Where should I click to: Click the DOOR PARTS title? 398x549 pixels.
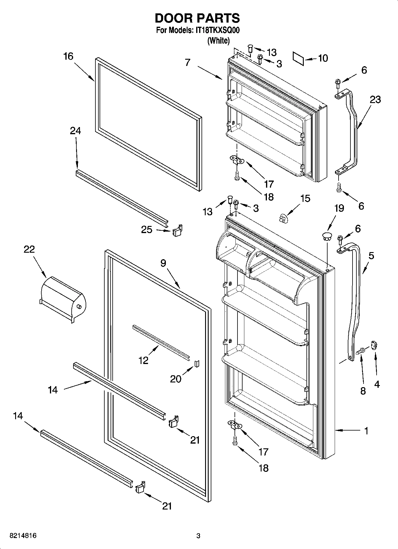pos(197,18)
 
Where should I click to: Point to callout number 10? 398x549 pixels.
pos(323,58)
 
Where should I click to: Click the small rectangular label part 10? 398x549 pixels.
pos(298,59)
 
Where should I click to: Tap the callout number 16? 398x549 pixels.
pos(68,56)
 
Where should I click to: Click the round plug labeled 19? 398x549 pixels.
pos(327,237)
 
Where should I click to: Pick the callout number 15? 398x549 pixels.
pos(305,198)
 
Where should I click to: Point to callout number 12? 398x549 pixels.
pos(143,360)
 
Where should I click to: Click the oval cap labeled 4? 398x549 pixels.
pos(374,346)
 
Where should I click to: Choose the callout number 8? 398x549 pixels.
pos(363,391)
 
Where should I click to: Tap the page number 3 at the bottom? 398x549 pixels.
pos(198,536)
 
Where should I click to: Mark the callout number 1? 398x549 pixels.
pos(366,431)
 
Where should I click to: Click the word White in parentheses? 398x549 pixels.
pos(218,41)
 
